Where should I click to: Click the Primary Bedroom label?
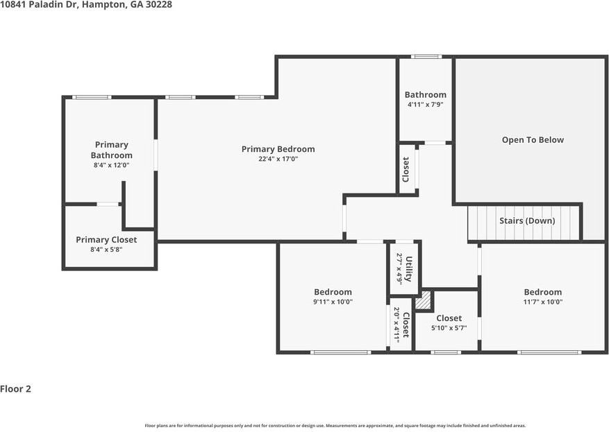[x=278, y=149]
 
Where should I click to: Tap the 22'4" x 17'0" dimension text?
[x=278, y=159]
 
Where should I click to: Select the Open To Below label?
[x=533, y=140]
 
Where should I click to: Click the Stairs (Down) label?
[x=526, y=221]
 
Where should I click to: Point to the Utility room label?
[x=409, y=269]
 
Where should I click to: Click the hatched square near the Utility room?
[x=423, y=301]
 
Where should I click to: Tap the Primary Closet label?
[x=106, y=240]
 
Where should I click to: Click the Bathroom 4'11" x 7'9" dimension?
[x=425, y=105]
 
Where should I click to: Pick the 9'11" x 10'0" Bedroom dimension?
[x=333, y=302]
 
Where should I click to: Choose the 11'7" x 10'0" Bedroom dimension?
[x=542, y=302]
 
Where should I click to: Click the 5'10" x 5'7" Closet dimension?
[x=449, y=328]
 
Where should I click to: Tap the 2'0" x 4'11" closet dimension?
[x=397, y=325]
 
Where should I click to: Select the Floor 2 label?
[x=15, y=389]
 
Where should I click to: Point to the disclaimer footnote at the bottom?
[x=335, y=425]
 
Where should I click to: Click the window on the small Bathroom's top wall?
[x=426, y=57]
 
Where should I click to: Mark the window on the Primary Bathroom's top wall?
[x=92, y=97]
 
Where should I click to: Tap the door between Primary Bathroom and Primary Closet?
[x=107, y=204]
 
